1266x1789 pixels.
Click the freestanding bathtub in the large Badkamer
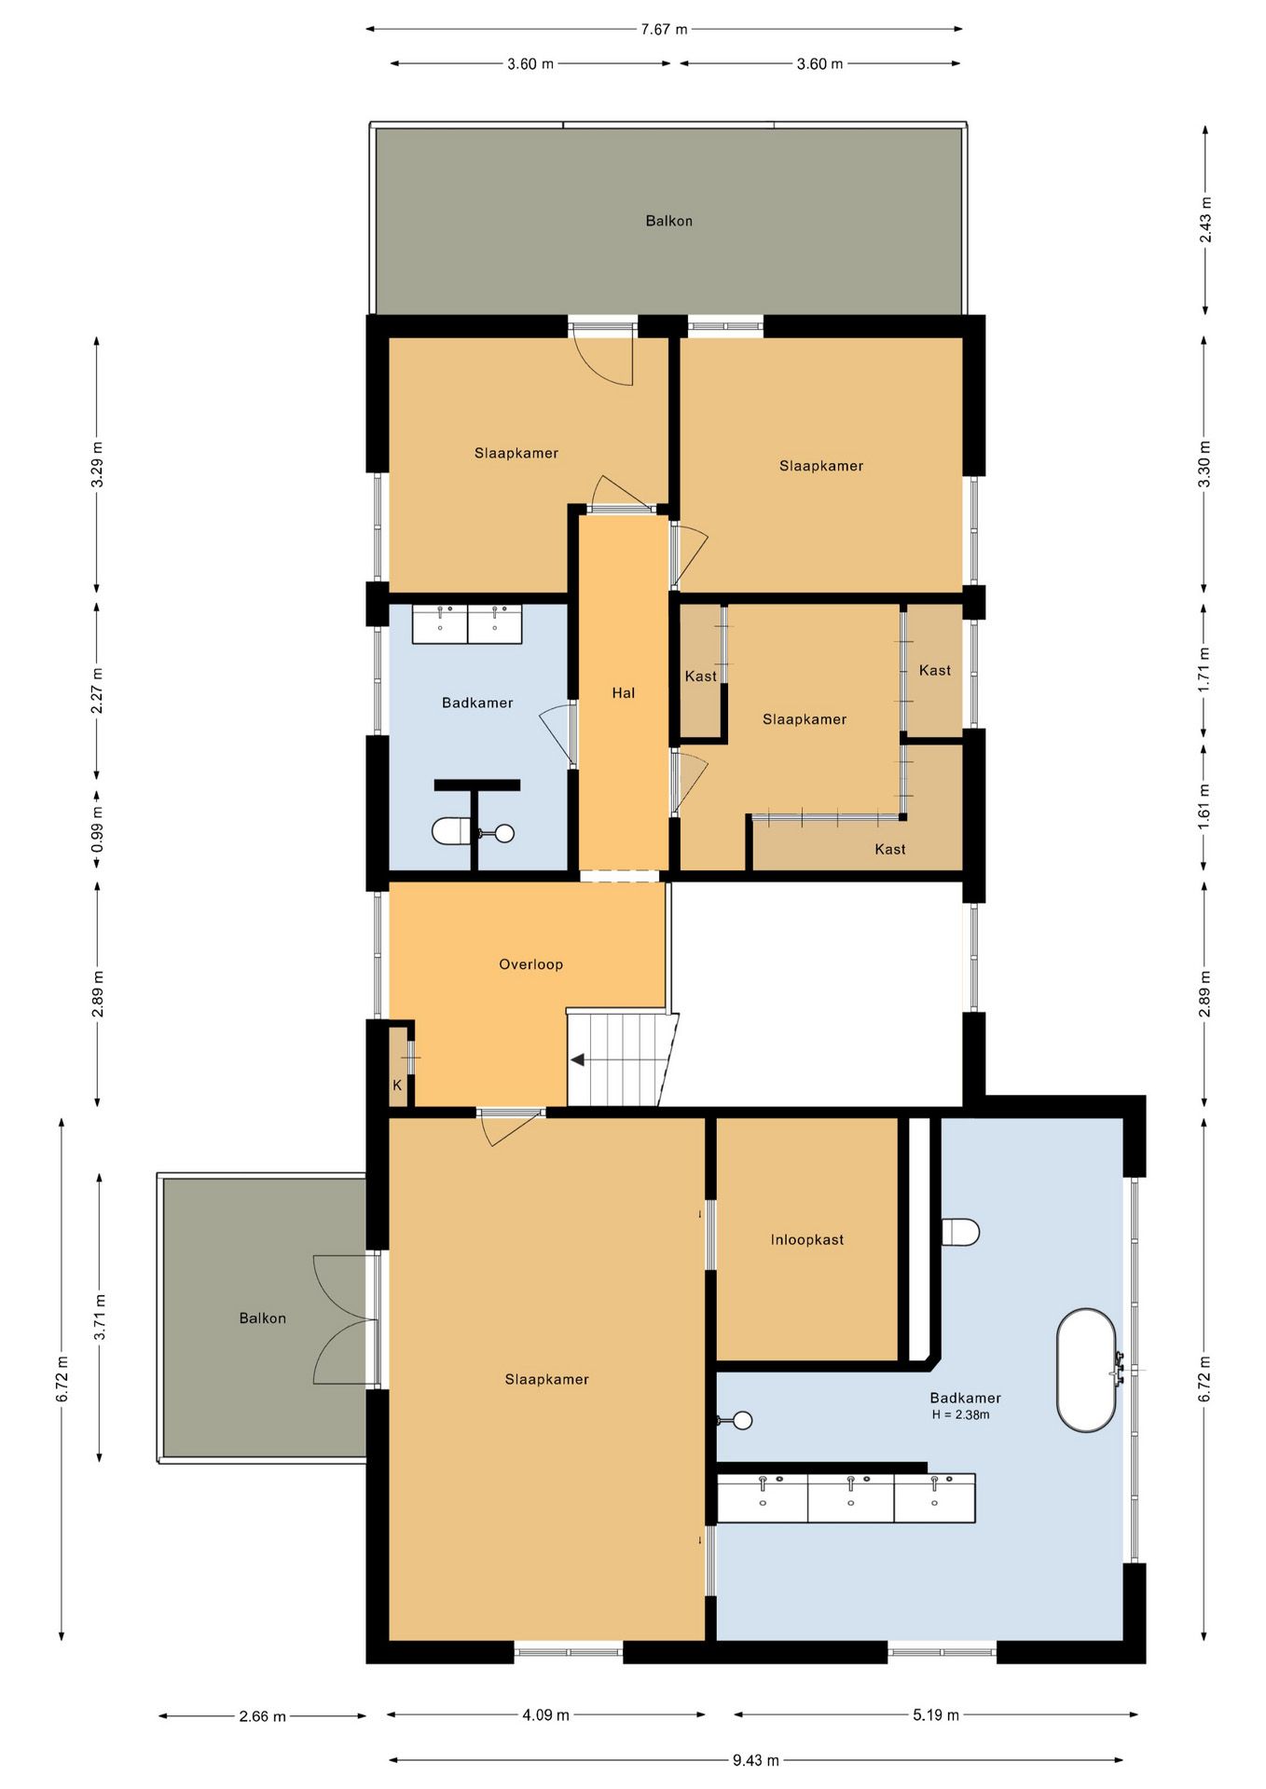pyautogui.click(x=1086, y=1371)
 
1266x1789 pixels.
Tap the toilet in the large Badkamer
pyautogui.click(x=960, y=1232)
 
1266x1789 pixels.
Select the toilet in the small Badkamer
pyautogui.click(x=452, y=830)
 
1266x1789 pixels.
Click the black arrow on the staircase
pyautogui.click(x=578, y=1059)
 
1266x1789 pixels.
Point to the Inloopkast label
pyautogui.click(x=807, y=1239)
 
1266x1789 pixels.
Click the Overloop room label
pyautogui.click(x=530, y=964)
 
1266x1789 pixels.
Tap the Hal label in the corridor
pyautogui.click(x=624, y=692)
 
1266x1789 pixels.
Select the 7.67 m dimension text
pyautogui.click(x=664, y=29)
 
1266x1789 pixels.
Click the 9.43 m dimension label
pyautogui.click(x=755, y=1760)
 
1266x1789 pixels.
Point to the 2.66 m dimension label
pyautogui.click(x=263, y=1715)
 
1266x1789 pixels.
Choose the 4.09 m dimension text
pyautogui.click(x=545, y=1714)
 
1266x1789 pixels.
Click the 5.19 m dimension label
pyautogui.click(x=936, y=1714)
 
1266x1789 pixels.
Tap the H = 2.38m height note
pyautogui.click(x=961, y=1414)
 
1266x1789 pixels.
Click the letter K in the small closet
pyautogui.click(x=397, y=1086)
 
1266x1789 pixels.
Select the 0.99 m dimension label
pyautogui.click(x=97, y=829)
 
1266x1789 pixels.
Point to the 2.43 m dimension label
pyautogui.click(x=1205, y=220)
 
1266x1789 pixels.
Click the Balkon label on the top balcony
pyautogui.click(x=669, y=221)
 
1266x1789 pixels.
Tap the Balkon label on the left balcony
pyautogui.click(x=263, y=1318)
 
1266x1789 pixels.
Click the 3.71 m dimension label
pyautogui.click(x=100, y=1318)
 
